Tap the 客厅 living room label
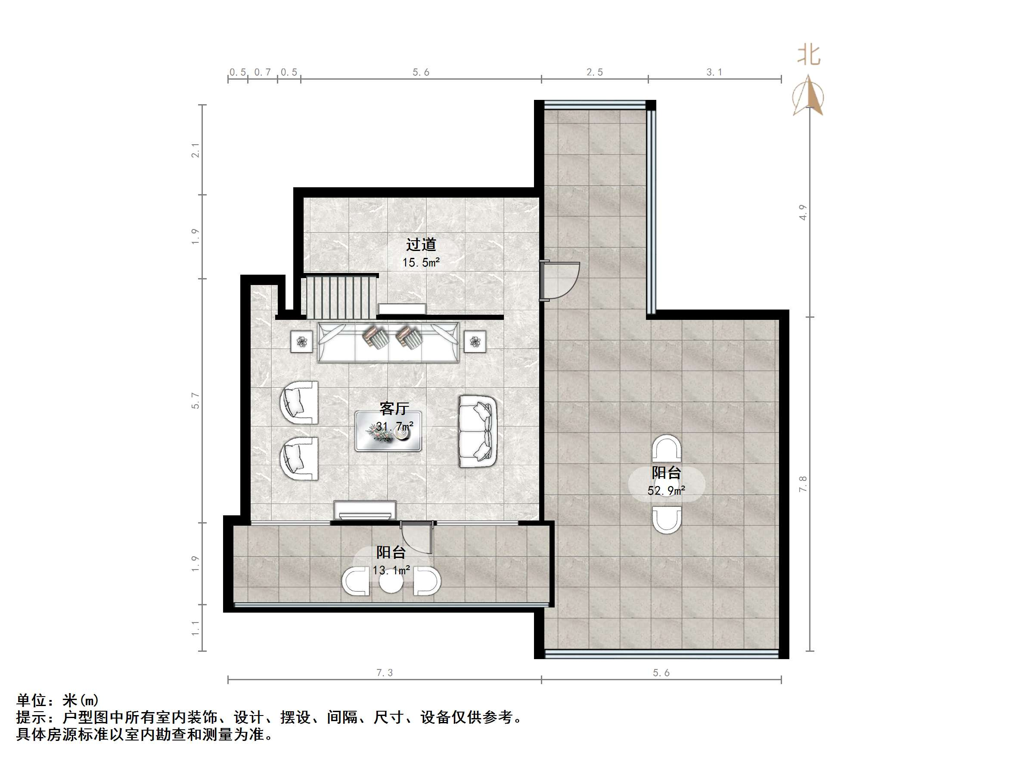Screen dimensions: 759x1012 (x=394, y=408)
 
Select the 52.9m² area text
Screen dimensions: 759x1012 (x=666, y=491)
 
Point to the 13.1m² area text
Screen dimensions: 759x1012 (x=391, y=570)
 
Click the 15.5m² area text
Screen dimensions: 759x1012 (x=421, y=263)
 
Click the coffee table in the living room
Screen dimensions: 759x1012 (x=388, y=431)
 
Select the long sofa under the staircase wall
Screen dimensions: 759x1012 (x=388, y=342)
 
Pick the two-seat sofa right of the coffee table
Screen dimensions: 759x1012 (x=477, y=431)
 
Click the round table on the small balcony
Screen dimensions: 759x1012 (x=391, y=582)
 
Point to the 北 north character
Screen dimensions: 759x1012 (x=808, y=55)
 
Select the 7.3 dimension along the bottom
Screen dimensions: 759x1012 (x=384, y=672)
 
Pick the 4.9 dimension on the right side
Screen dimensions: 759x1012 (x=803, y=212)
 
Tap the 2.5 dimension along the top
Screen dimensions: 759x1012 (x=594, y=72)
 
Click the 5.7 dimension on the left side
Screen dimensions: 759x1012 (x=196, y=400)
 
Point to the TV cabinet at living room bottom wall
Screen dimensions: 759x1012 (x=365, y=510)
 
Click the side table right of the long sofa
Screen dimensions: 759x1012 (x=475, y=341)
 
